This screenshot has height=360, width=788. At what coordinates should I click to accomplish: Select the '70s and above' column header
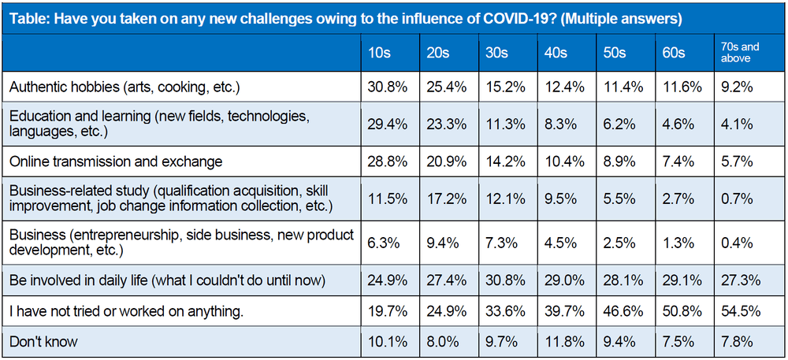738,53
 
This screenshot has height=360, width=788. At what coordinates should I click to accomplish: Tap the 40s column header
556,53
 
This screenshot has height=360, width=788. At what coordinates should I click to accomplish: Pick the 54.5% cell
740,311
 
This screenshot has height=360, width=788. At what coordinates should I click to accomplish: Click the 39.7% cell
562,311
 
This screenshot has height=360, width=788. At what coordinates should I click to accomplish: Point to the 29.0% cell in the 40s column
562,280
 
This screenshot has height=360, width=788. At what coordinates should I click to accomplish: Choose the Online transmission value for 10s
388,161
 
